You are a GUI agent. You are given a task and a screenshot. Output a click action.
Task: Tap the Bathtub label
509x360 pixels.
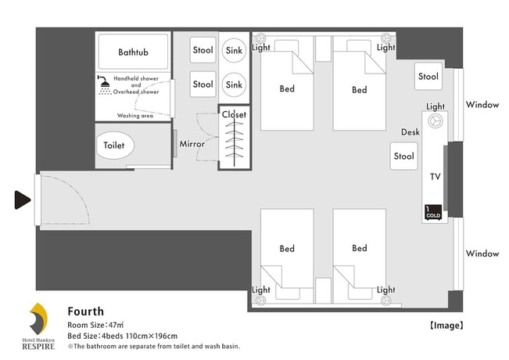133,52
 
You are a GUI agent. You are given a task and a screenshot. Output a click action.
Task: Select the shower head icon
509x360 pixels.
104,85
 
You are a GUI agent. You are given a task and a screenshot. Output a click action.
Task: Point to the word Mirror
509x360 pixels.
192,145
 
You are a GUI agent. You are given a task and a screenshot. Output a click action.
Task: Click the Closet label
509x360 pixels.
234,115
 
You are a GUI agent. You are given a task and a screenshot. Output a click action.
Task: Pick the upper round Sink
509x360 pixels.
234,50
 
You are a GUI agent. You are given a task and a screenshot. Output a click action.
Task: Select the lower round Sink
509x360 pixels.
234,84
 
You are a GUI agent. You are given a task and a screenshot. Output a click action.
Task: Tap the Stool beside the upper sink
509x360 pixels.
203,50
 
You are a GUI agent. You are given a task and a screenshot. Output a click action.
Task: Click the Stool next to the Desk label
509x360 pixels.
403,157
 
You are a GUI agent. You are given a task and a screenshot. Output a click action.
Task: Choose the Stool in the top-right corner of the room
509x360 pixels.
428,77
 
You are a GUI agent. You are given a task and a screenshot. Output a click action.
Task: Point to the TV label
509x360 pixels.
436,177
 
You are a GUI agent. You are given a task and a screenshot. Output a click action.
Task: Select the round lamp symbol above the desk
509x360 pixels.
436,121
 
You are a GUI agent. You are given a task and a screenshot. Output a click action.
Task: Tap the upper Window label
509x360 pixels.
482,105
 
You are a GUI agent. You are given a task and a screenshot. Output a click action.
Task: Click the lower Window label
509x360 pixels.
482,254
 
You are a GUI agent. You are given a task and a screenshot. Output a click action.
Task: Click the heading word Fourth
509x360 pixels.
85,311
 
